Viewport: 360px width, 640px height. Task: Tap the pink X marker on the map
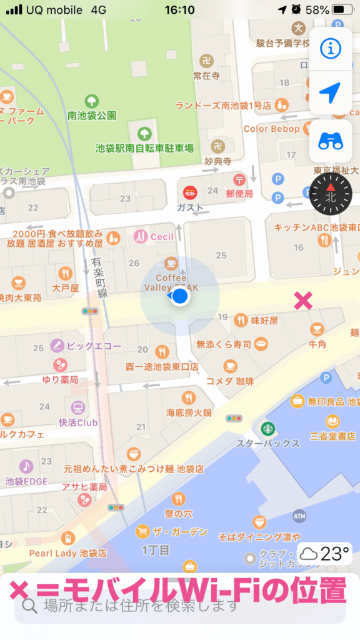click(303, 301)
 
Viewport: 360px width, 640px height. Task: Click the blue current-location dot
click(181, 296)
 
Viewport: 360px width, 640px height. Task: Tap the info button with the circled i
click(330, 47)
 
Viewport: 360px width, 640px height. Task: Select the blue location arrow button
click(330, 94)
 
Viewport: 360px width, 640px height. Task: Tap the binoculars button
click(330, 141)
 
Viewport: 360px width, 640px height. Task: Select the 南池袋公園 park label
click(92, 116)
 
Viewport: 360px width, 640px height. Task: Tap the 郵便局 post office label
click(239, 194)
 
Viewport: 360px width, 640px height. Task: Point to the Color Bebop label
click(272, 129)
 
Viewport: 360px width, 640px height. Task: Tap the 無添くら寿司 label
click(224, 344)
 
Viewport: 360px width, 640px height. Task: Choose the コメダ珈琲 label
click(230, 381)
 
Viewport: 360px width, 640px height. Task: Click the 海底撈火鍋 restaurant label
click(189, 412)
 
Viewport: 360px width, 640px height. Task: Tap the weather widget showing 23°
click(324, 554)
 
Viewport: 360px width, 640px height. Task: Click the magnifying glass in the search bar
click(29, 605)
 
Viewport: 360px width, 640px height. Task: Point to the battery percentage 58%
click(317, 10)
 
